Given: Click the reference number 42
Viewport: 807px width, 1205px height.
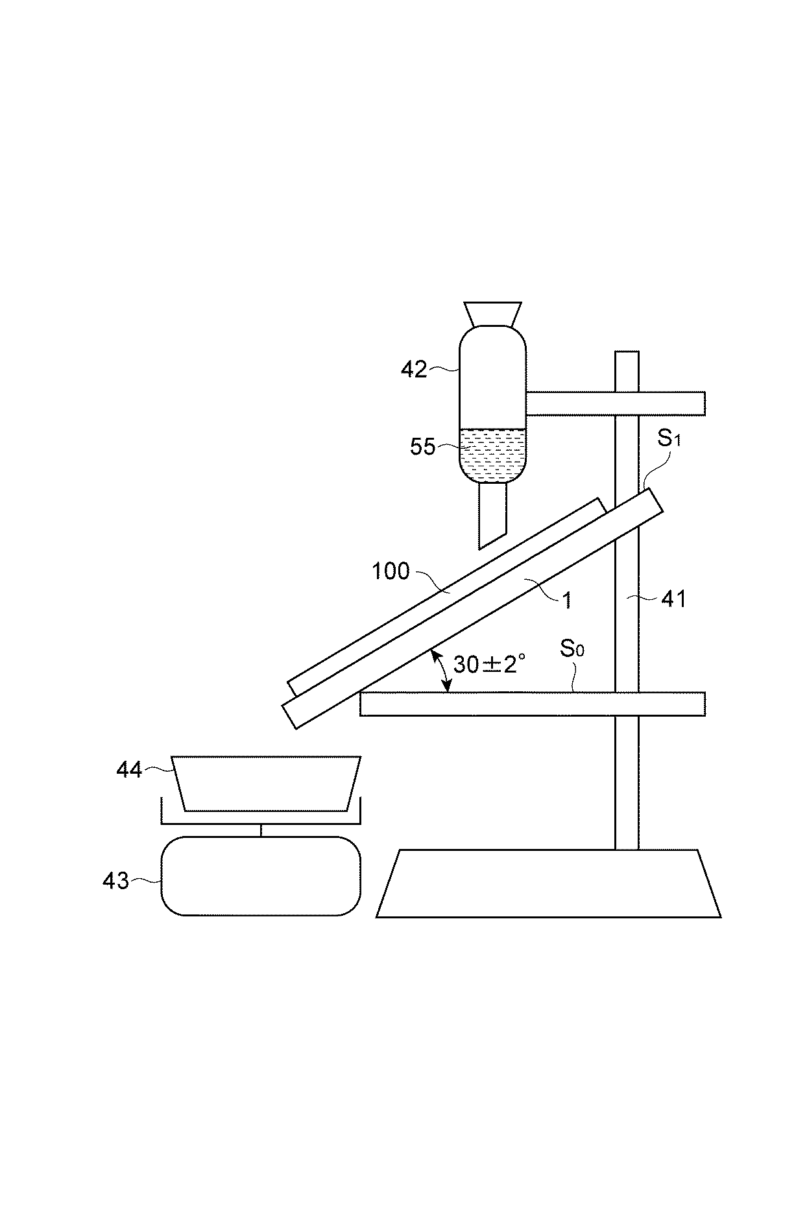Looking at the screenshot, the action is pos(414,370).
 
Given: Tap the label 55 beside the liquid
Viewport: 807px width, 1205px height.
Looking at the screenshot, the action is pos(423,447).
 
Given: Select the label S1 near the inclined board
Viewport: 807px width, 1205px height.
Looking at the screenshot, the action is pos(669,439).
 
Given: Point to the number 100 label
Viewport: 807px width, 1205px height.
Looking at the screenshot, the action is pos(391,571).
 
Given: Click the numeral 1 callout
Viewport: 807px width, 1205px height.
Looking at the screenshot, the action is pos(567,601).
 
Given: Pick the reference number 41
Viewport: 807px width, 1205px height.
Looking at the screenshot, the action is pos(673,599).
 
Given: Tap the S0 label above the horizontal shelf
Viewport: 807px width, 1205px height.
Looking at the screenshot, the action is pos(572,649).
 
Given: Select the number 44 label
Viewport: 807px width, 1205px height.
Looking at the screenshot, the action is pos(129,770).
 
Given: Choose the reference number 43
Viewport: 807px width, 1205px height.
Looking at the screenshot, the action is pos(116,881).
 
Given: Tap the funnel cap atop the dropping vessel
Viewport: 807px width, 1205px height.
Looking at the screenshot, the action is pos(493,313).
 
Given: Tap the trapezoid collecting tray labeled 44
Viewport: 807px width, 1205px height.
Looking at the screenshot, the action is pos(266,783).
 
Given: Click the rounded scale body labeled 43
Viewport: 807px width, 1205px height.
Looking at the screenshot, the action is pos(261,876).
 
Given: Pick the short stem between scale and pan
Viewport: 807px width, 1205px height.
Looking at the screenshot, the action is pos(261,830).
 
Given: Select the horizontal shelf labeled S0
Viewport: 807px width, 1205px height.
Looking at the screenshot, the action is pos(532,704).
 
